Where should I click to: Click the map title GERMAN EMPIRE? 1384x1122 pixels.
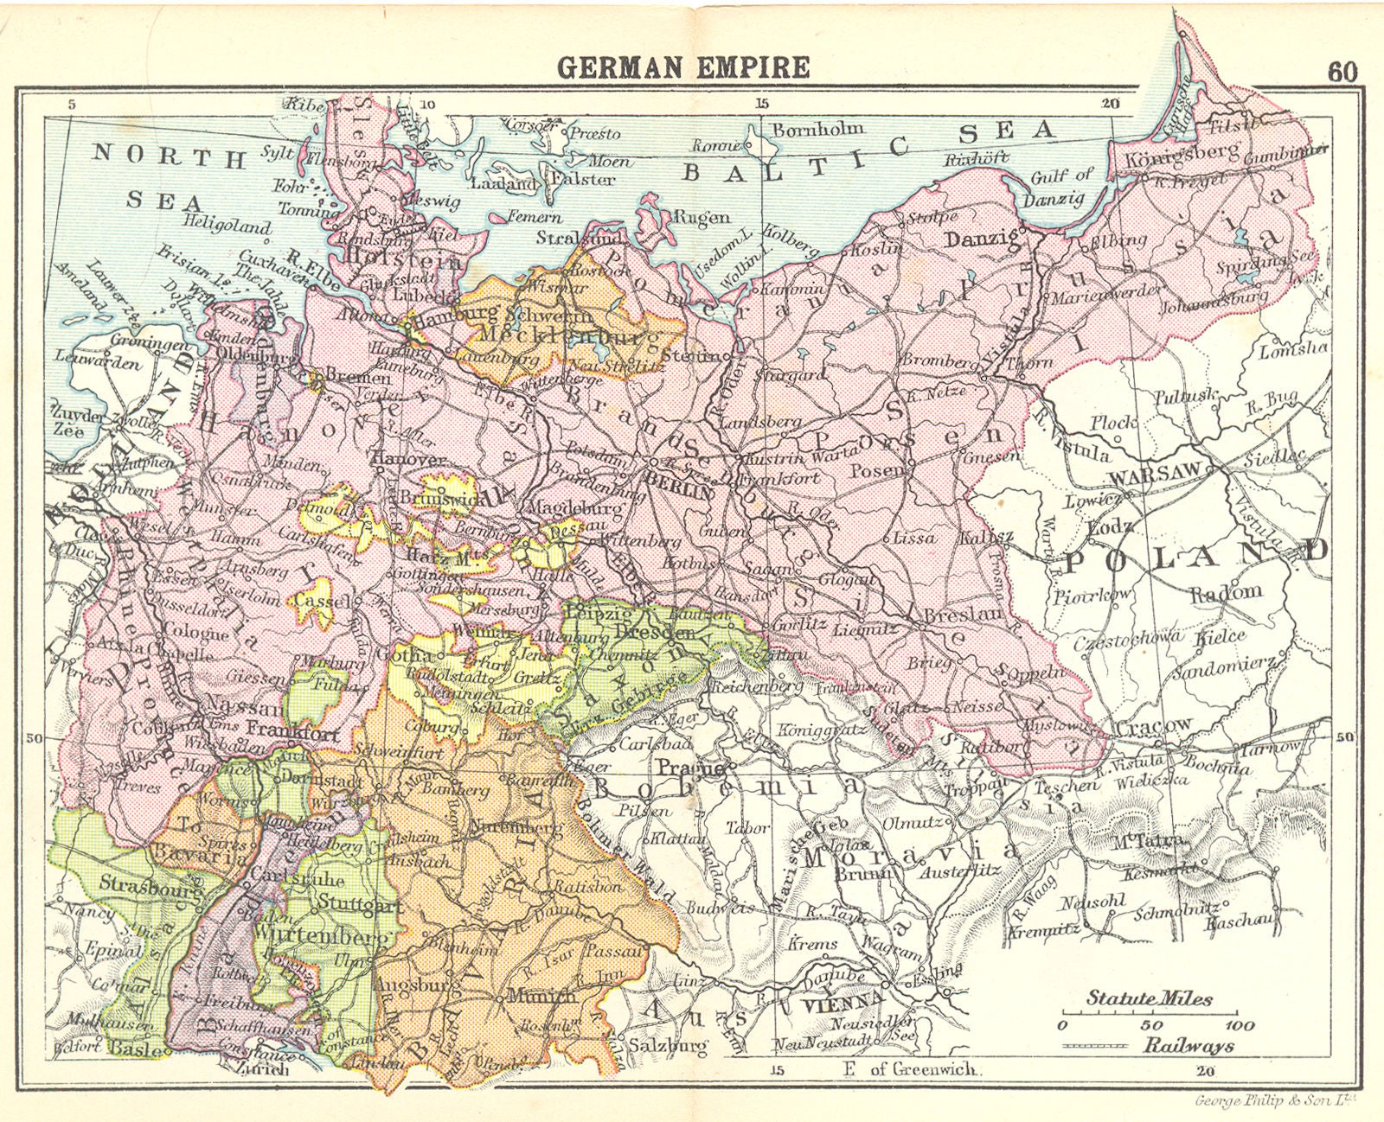683,67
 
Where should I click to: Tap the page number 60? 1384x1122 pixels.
1342,72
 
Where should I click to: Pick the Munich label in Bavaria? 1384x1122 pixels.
541,995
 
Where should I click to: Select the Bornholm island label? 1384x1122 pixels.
817,129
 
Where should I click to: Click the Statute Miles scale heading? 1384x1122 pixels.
1150,998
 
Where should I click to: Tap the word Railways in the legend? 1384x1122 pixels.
1189,1046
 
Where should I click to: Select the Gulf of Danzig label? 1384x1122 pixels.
1061,187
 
